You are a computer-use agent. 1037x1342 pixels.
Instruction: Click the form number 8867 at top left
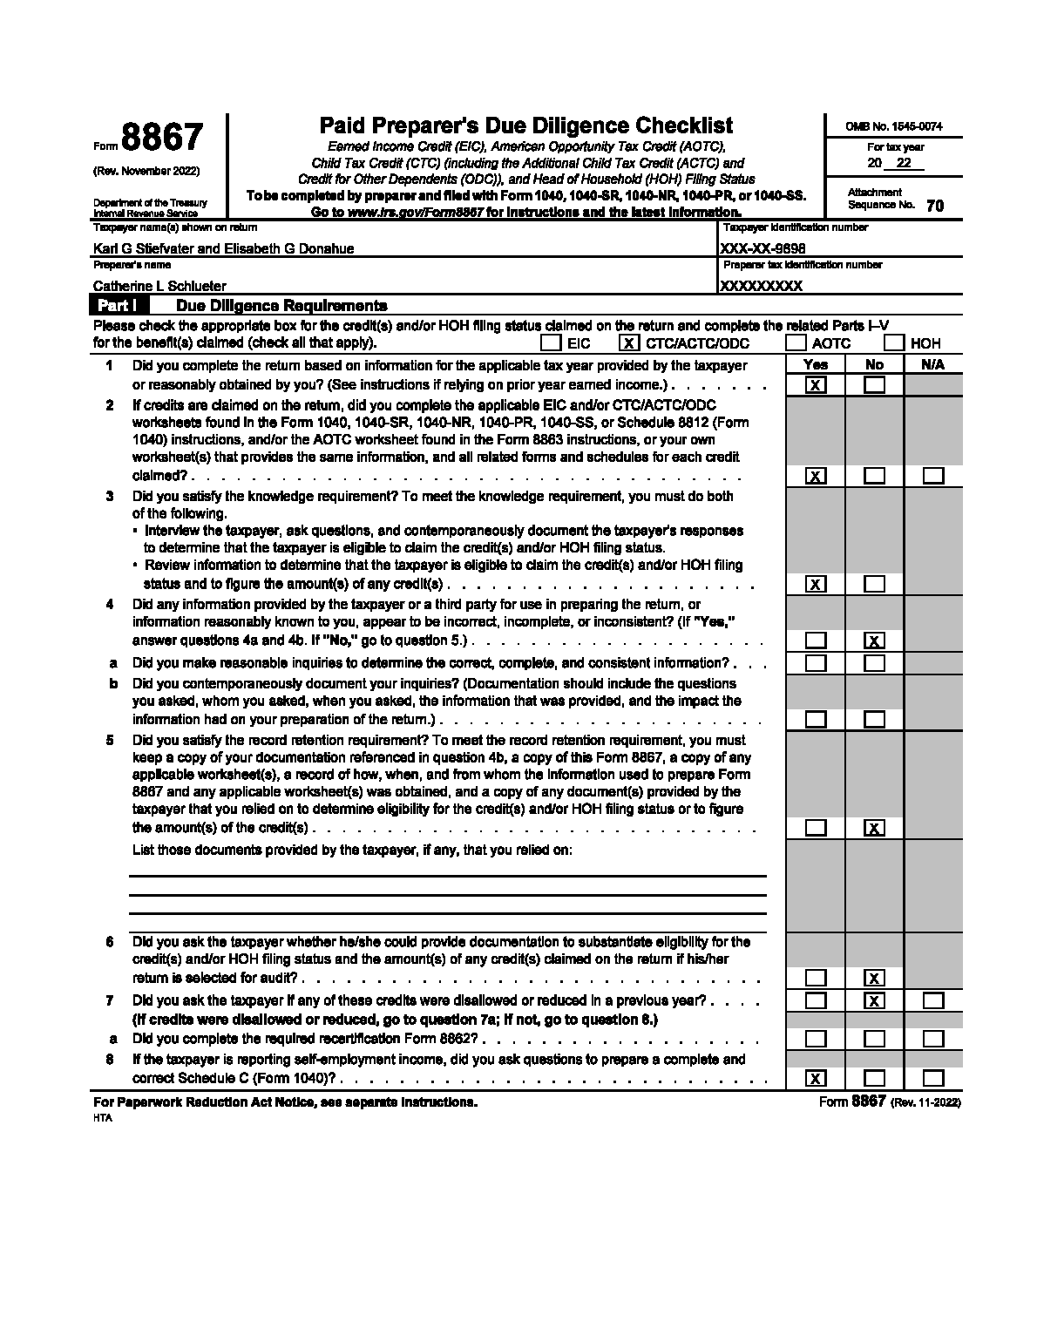coord(162,139)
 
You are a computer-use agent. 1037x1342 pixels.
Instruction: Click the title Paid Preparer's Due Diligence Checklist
coord(526,126)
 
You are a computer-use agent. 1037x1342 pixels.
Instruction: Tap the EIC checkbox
coord(550,343)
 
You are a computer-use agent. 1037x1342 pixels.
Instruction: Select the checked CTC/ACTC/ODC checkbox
coord(629,343)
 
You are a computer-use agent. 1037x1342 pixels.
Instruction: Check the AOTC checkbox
coord(796,343)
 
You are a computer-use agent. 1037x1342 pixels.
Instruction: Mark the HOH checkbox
coord(894,343)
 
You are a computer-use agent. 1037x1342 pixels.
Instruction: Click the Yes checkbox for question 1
coord(816,385)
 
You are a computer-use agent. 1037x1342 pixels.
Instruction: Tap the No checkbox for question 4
coord(874,641)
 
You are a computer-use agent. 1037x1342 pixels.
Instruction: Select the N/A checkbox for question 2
coord(933,476)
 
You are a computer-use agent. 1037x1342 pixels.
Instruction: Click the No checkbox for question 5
coord(874,828)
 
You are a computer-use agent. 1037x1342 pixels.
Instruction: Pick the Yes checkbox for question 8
coord(816,1079)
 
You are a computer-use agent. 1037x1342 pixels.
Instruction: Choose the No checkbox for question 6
coord(874,978)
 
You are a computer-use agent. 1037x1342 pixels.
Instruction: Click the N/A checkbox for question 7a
coord(933,1039)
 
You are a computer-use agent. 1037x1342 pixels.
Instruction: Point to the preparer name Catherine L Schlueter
coord(159,286)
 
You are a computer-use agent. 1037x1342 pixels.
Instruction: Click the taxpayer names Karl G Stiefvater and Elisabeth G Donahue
coord(223,248)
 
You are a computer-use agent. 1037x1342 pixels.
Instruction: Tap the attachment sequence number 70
coord(934,207)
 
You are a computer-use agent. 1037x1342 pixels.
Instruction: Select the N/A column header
coord(932,365)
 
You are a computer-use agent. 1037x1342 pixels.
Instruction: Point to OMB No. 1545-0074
coord(893,126)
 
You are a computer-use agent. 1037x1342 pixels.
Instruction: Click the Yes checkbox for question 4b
coord(816,720)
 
